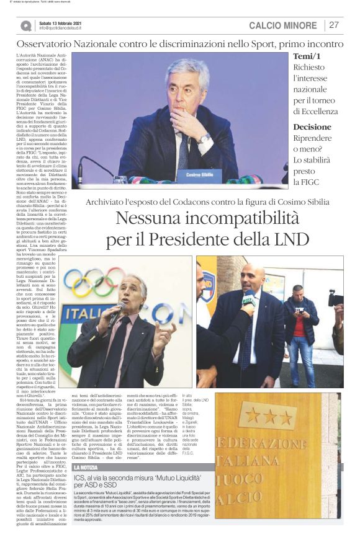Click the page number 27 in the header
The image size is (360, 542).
click(x=334, y=25)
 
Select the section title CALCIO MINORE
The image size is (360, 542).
click(x=282, y=25)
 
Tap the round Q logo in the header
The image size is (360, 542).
click(x=25, y=25)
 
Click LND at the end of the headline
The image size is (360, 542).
click(x=290, y=239)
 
